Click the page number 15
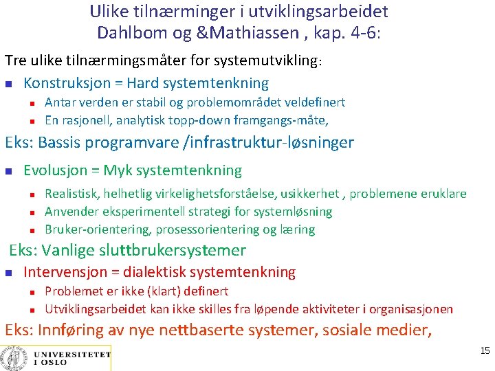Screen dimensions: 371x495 [x=485, y=351]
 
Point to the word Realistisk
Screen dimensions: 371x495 [x=72, y=194]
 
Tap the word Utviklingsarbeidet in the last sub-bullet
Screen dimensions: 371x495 [x=92, y=308]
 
